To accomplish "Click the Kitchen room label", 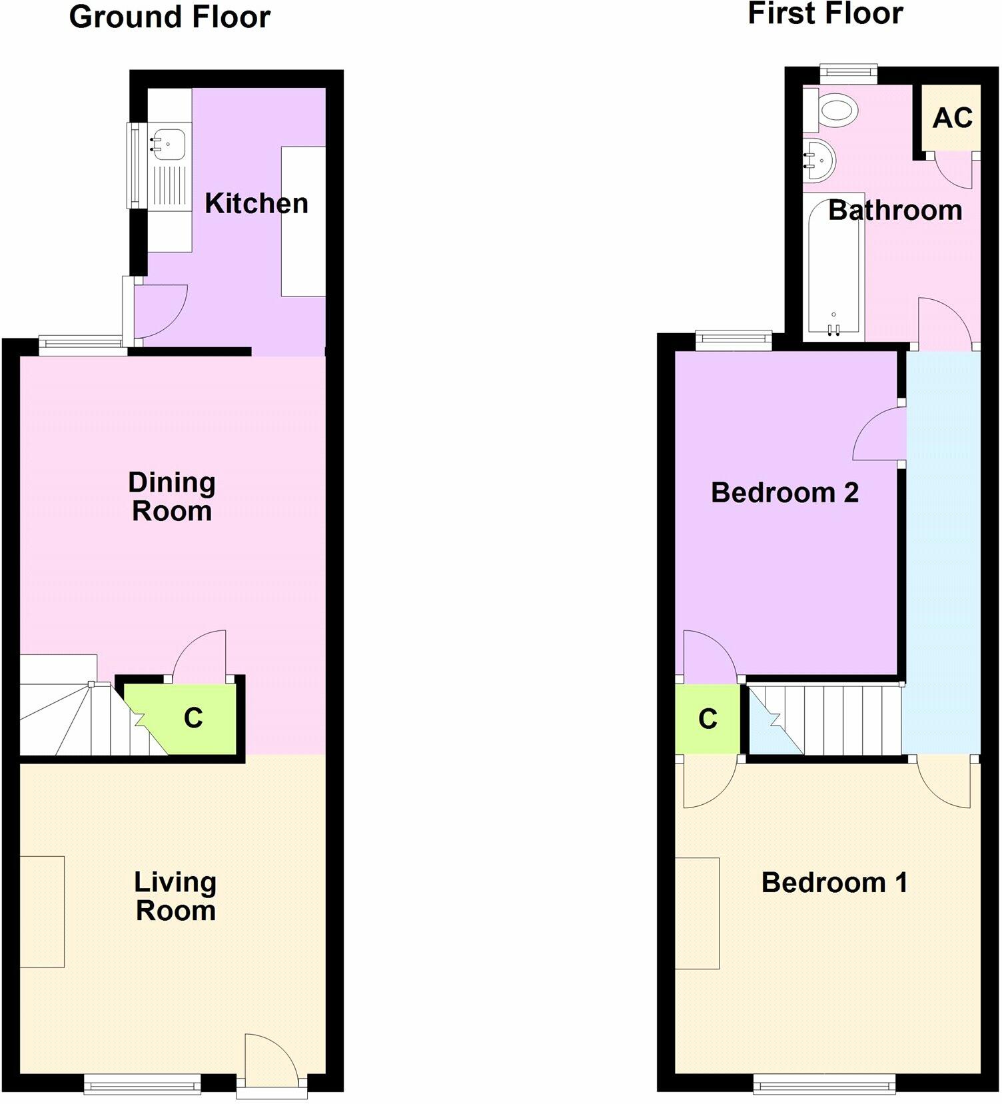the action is (256, 204).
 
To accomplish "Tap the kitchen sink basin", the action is (169, 144).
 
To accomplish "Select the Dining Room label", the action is (172, 497).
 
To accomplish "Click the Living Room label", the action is (175, 897).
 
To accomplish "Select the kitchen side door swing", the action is (160, 312).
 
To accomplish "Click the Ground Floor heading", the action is (170, 17).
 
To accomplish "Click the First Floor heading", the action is (825, 13).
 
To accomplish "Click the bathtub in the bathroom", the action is (833, 268).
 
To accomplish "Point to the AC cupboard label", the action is (953, 118).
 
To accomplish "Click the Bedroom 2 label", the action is (785, 493).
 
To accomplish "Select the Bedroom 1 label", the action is (835, 883).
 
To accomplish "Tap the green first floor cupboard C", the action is (708, 719).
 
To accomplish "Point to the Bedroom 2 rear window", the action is (734, 340).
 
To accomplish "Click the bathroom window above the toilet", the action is (849, 74).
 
